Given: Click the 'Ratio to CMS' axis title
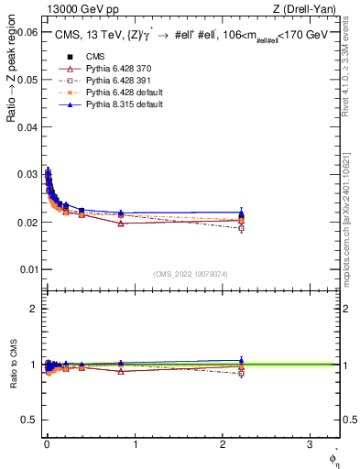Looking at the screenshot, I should click(12, 365).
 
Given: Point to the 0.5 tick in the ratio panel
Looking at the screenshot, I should click(30, 420).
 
